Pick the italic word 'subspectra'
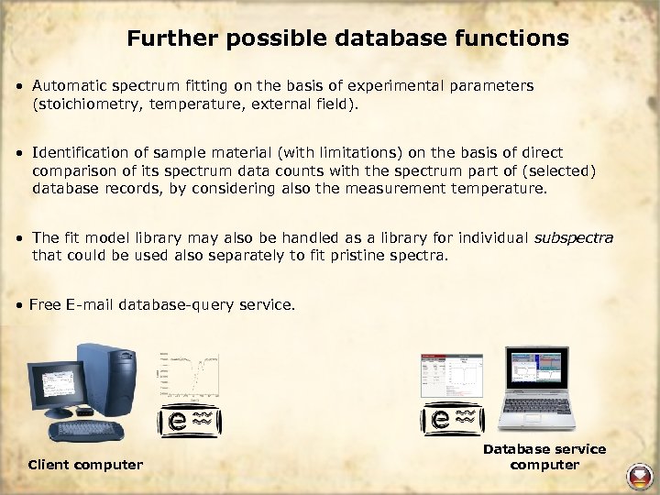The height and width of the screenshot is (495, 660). click(573, 237)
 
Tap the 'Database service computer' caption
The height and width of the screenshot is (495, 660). click(544, 456)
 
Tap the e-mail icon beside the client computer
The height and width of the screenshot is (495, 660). click(192, 421)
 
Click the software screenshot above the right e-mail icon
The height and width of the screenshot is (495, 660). click(451, 376)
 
